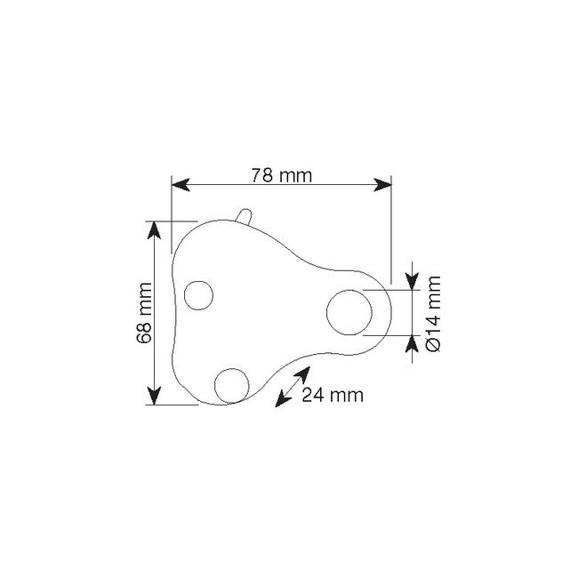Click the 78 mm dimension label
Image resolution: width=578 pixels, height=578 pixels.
coord(282,175)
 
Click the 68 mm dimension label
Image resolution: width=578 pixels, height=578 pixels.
coord(144,313)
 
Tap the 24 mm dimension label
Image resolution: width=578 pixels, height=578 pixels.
coord(333,395)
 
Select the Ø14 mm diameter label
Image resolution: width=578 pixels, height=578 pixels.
coord(433,314)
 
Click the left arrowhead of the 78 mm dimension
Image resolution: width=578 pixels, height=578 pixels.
coord(181,185)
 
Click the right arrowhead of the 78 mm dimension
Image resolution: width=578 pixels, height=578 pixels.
coord(382,185)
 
